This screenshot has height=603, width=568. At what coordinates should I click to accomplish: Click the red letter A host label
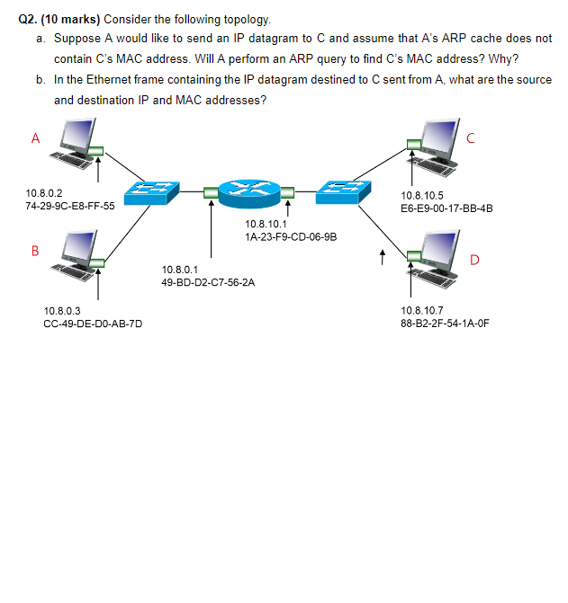point(35,138)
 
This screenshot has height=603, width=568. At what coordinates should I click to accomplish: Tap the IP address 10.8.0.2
point(44,192)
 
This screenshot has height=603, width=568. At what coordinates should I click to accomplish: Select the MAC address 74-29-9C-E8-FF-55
point(70,206)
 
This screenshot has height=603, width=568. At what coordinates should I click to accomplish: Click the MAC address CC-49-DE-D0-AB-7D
point(93,324)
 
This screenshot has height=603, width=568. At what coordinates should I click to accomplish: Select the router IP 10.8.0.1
point(180,269)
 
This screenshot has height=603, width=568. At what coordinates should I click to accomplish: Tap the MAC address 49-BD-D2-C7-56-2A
point(207,282)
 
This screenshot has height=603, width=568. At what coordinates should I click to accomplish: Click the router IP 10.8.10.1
point(264,224)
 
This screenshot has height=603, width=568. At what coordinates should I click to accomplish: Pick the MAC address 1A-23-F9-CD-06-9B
point(290,237)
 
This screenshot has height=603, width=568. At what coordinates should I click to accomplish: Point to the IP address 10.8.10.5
point(422,195)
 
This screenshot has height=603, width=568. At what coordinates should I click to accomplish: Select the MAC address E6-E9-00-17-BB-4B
point(447,208)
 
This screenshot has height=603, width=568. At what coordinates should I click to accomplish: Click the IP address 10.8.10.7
point(422,310)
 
